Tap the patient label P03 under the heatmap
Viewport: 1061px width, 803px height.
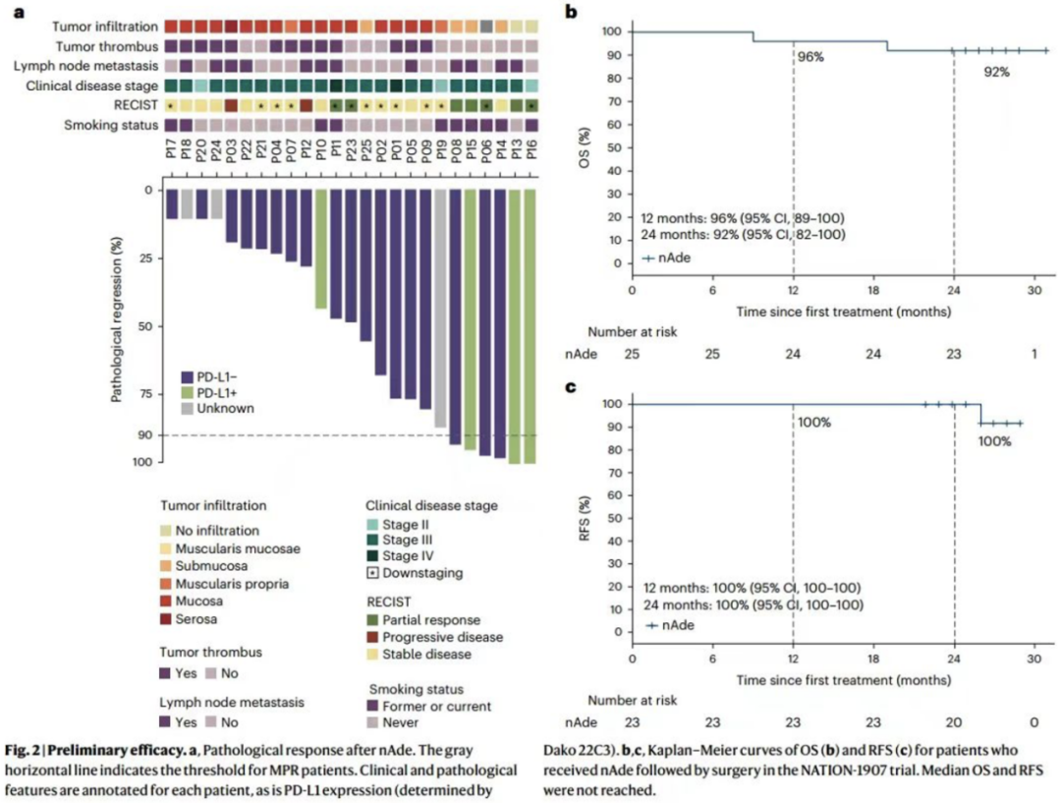pyautogui.click(x=232, y=154)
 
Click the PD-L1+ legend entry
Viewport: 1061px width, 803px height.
pyautogui.click(x=218, y=392)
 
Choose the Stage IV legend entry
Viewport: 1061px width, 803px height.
pyautogui.click(x=411, y=555)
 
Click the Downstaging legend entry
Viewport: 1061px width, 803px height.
pyautogui.click(x=419, y=572)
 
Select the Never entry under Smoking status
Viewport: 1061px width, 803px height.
pyautogui.click(x=401, y=722)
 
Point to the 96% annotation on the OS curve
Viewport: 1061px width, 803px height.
pyautogui.click(x=810, y=57)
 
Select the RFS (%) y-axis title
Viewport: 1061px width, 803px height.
pyautogui.click(x=587, y=517)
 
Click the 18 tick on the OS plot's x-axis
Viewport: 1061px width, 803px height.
pyautogui.click(x=872, y=292)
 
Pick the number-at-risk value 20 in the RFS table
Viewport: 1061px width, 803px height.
pyautogui.click(x=953, y=722)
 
